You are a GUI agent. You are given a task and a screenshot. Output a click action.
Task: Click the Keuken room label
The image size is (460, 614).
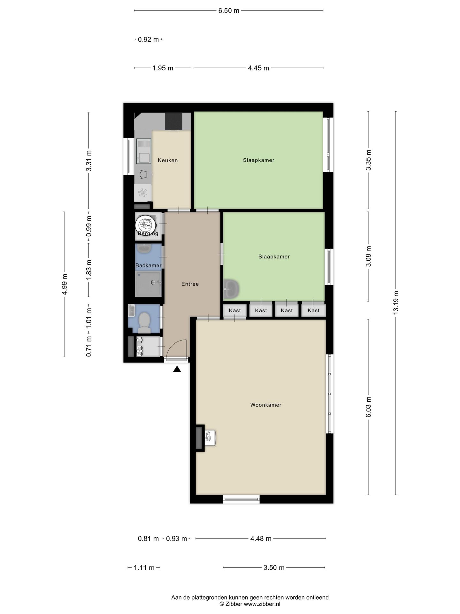168,160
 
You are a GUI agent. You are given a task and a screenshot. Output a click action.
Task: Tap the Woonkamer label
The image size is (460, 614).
266,405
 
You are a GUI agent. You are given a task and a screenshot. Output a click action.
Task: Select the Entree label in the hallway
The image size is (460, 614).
190,284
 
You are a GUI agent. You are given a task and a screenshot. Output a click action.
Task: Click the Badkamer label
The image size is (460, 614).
148,265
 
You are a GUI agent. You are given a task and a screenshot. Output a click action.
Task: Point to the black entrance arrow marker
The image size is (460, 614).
177,369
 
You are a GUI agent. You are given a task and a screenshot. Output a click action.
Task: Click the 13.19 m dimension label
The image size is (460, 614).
396,303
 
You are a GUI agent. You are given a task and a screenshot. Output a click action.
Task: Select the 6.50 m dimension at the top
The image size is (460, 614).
229,11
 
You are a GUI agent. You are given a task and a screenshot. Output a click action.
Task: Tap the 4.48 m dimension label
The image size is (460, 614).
261,539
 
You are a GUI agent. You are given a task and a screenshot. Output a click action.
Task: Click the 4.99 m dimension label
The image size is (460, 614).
65,284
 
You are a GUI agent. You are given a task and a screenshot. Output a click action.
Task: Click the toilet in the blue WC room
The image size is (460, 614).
144,323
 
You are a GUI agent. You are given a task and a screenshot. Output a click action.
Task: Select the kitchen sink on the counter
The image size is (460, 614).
143,151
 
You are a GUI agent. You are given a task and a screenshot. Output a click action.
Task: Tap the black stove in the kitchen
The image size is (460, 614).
173,121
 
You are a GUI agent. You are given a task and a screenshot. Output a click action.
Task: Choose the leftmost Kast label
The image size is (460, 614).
235,311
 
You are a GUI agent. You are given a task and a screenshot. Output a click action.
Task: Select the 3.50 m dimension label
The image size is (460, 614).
274,568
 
